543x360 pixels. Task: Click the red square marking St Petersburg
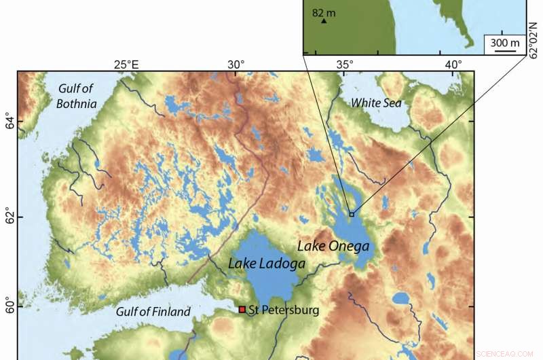point(242,310)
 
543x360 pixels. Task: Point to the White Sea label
point(376,103)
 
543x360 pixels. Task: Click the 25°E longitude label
point(126,65)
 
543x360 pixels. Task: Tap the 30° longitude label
point(236,65)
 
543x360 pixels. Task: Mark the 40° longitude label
point(453,65)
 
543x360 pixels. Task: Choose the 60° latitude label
point(8,306)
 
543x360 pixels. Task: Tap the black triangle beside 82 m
point(324,21)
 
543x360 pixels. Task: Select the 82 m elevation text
point(325,12)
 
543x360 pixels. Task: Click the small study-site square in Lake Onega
point(352,214)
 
